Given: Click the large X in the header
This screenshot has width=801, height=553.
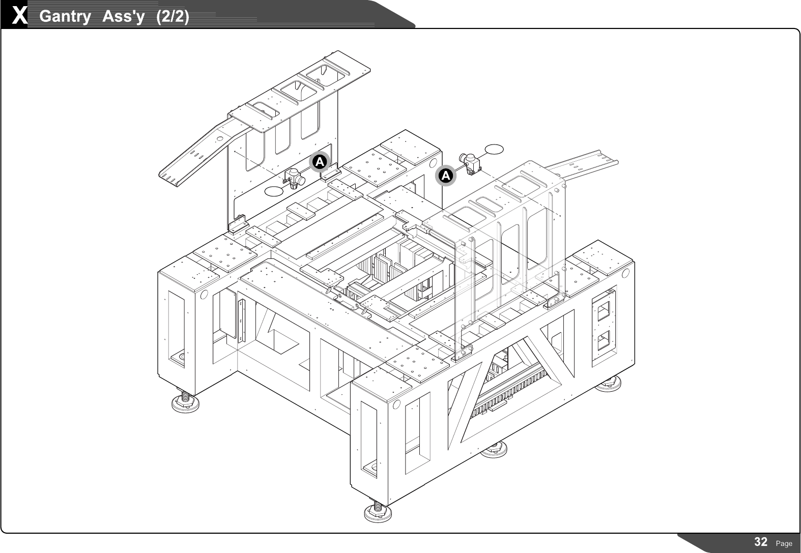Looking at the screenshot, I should point(19,16).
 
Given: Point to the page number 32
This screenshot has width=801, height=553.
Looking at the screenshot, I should point(761,542).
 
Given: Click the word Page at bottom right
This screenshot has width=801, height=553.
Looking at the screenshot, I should point(784,543).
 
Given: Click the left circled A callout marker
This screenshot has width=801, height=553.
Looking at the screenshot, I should point(319,162).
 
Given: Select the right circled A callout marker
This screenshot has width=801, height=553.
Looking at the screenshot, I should point(446,176).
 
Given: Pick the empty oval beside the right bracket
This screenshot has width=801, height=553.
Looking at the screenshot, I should point(494,149).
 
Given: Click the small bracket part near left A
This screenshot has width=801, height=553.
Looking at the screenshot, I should point(294,178).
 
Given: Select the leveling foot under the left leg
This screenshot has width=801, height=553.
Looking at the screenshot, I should point(185,401).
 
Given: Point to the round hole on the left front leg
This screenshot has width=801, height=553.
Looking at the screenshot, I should point(204,295).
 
